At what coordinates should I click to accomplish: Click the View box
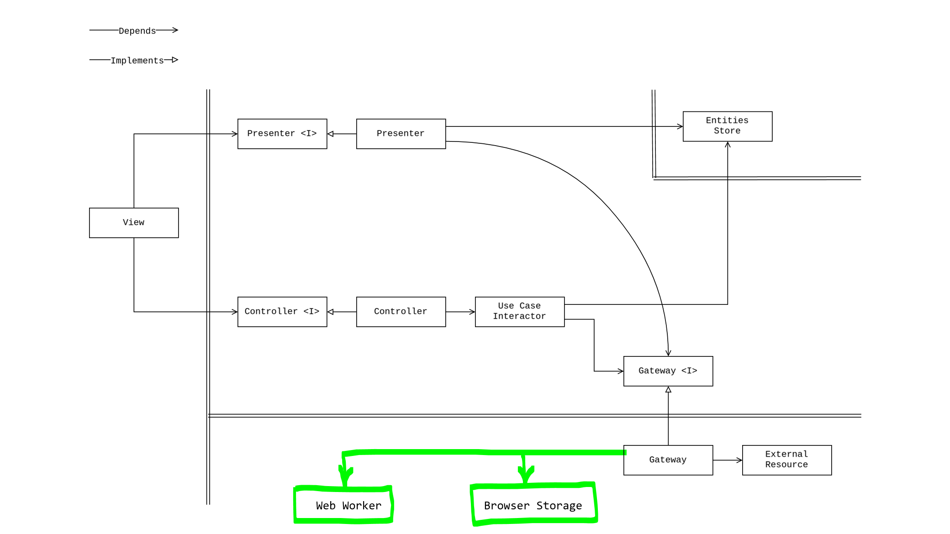point(134,223)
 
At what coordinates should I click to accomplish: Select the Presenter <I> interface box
point(282,134)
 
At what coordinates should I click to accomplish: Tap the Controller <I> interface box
point(282,312)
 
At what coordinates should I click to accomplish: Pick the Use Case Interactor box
point(520,312)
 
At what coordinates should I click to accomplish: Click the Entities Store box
point(728,126)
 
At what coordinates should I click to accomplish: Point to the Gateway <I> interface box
point(668,371)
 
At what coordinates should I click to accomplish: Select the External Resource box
point(787,460)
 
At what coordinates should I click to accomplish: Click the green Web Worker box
point(343,505)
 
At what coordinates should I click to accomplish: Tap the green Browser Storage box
point(534,504)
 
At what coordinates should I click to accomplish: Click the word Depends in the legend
point(137,31)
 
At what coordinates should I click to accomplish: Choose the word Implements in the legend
point(137,60)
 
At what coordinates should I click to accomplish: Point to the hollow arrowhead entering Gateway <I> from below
point(668,390)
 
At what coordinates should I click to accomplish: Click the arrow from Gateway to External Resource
point(728,460)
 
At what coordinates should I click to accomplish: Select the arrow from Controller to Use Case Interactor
point(460,312)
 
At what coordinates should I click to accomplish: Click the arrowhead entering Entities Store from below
point(728,145)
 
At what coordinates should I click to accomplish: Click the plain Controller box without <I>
point(401,312)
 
